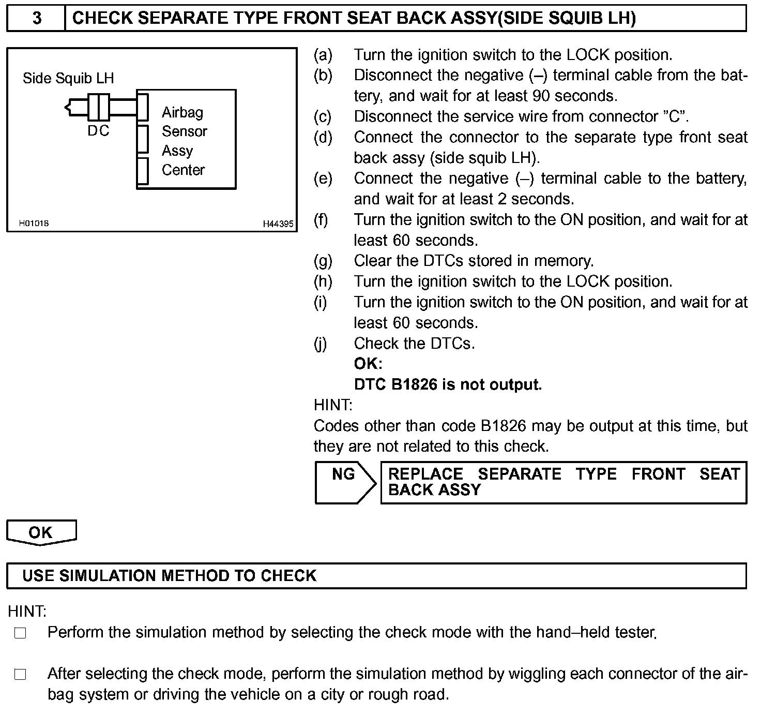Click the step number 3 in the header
click(x=37, y=18)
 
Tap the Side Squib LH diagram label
click(x=68, y=79)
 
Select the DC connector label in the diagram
click(x=98, y=131)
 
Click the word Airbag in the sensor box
click(x=182, y=112)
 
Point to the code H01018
click(x=34, y=224)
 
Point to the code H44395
click(x=278, y=224)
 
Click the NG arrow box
click(x=344, y=482)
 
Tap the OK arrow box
click(x=41, y=532)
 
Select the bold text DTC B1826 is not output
click(x=448, y=384)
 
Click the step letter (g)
click(x=323, y=261)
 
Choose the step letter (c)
click(x=323, y=116)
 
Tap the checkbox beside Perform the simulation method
click(x=20, y=633)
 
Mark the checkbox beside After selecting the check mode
click(x=20, y=674)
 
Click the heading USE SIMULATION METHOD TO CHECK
click(x=169, y=576)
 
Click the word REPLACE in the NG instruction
click(x=425, y=474)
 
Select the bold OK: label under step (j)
click(x=368, y=364)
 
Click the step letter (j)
click(x=321, y=344)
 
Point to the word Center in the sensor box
click(x=183, y=170)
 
